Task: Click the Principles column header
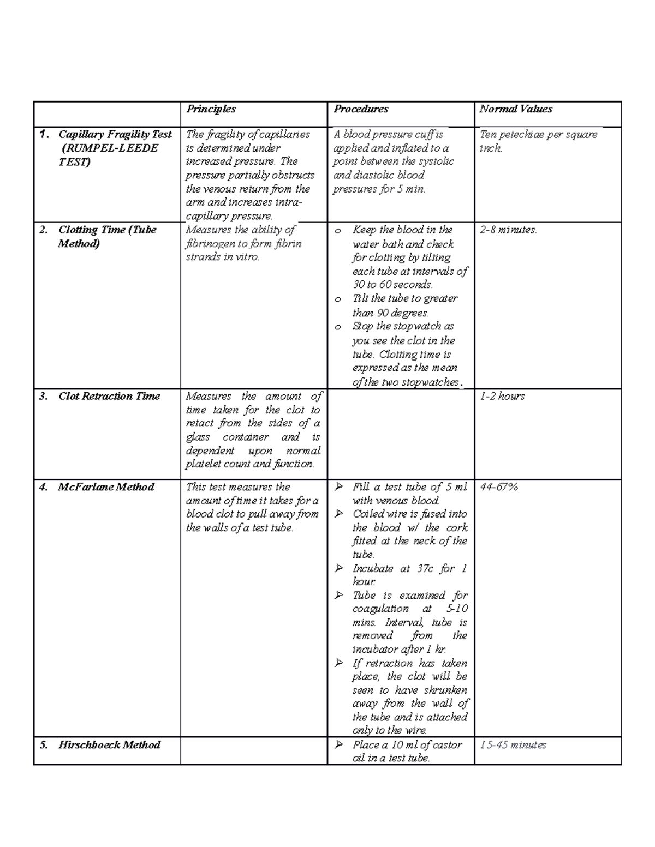211,109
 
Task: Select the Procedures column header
360,109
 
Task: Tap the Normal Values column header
515,109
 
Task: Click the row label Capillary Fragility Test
115,134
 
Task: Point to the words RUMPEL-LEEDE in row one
110,148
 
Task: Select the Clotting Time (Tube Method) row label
107,237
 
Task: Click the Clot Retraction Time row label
109,397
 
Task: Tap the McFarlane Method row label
106,487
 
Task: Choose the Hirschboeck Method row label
109,745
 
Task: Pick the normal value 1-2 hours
502,397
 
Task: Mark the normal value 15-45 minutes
513,745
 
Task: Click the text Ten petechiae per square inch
538,141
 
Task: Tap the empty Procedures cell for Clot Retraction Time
400,434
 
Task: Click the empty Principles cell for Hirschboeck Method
253,751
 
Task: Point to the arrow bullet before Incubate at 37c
339,568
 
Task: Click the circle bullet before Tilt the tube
338,299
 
